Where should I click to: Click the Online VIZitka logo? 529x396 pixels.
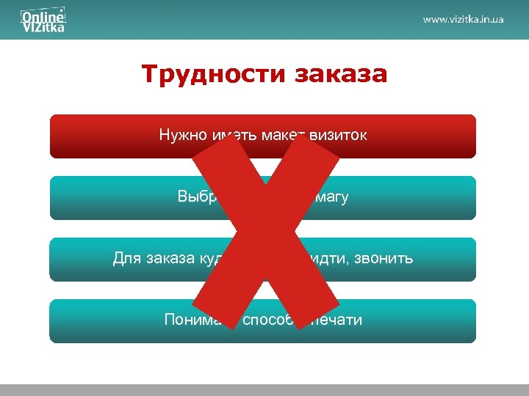coord(43,20)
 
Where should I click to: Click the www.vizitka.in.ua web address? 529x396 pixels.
coord(463,19)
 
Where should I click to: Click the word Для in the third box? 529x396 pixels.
coord(127,258)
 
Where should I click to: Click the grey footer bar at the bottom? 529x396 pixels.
coord(264,389)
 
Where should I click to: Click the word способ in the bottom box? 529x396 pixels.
coord(267,320)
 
